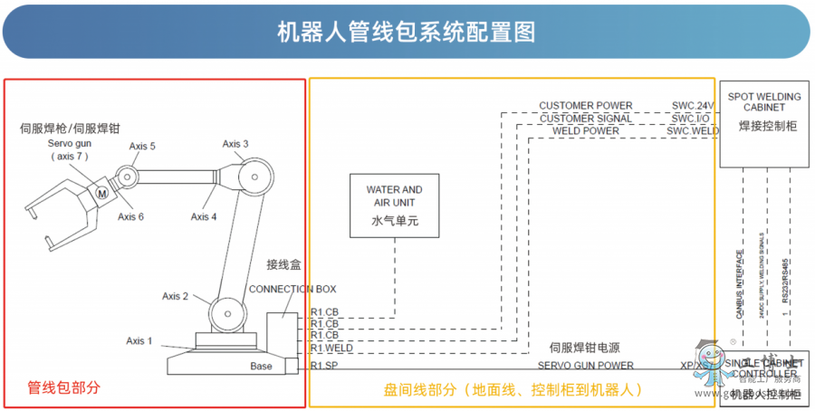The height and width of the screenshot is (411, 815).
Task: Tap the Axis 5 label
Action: click(x=142, y=146)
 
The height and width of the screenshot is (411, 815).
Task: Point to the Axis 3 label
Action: click(x=235, y=143)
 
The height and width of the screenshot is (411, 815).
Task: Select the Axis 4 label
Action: click(x=204, y=216)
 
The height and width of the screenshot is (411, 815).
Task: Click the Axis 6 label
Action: click(x=130, y=216)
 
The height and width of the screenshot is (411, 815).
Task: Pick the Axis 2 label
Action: click(x=176, y=296)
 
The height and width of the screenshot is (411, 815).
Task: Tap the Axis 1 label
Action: click(x=139, y=340)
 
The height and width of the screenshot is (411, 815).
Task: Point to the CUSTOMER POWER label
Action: click(x=586, y=106)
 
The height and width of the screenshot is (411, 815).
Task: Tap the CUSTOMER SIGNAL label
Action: click(x=586, y=119)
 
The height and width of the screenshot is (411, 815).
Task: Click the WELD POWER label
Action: click(x=586, y=131)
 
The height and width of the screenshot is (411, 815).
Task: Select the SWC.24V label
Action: click(x=693, y=106)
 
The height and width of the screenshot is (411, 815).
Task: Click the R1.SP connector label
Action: click(x=323, y=366)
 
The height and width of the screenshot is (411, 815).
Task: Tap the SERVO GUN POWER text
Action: click(x=586, y=366)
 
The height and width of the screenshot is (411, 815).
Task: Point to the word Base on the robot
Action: click(x=261, y=366)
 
